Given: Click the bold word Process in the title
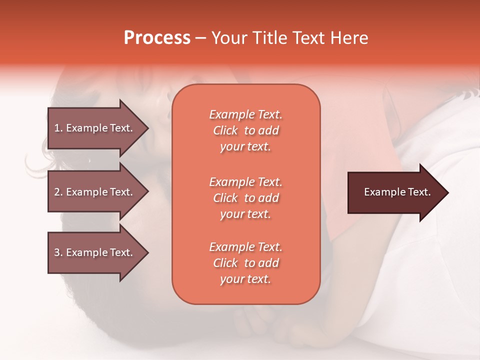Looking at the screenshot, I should (157, 38).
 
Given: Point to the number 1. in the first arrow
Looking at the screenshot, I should (58, 128).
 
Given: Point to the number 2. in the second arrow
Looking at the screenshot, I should (58, 192).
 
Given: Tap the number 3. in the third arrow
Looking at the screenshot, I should (58, 252).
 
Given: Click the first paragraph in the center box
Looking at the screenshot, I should (245, 130).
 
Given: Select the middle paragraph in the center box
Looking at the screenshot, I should (245, 198).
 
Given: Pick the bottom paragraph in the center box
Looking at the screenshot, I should (245, 263).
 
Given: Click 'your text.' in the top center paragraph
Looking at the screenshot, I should (245, 147).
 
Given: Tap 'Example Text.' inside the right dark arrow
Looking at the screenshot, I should (397, 192).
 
